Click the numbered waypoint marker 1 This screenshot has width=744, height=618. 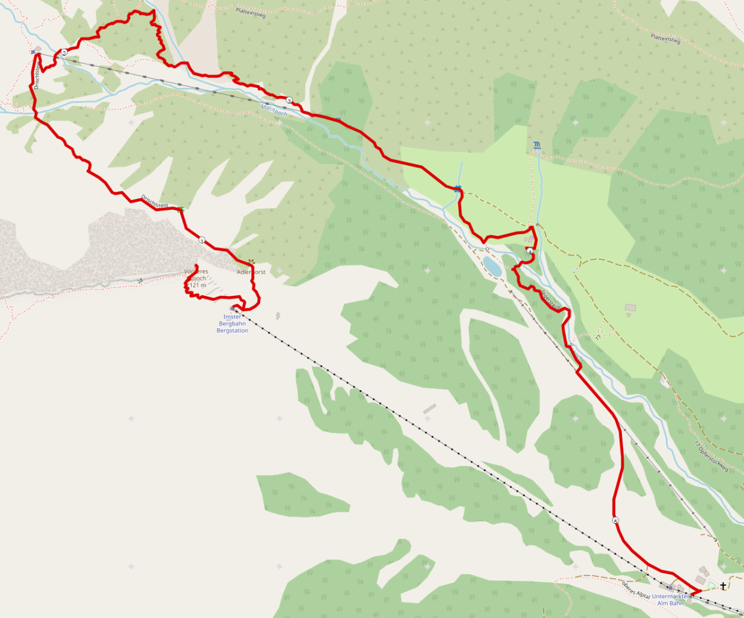[x=201, y=240]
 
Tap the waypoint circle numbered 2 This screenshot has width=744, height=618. [x=64, y=53]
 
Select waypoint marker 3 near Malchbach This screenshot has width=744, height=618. [x=289, y=100]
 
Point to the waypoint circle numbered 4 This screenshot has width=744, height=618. [x=530, y=251]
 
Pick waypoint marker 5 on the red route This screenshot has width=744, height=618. [x=616, y=521]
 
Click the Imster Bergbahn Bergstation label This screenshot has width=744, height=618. [x=232, y=323]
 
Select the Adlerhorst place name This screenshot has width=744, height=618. [x=251, y=272]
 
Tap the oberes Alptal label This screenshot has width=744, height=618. [x=635, y=590]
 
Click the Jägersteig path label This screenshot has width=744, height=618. [x=551, y=299]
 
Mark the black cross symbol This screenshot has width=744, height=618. [x=723, y=585]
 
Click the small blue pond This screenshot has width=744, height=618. [x=493, y=266]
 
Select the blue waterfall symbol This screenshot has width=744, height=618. [x=536, y=146]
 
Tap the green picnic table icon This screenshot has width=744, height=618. [x=180, y=209]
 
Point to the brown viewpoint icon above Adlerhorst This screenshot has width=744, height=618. [x=251, y=262]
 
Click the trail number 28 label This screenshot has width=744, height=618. [x=140, y=281]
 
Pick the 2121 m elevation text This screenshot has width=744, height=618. [x=196, y=285]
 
